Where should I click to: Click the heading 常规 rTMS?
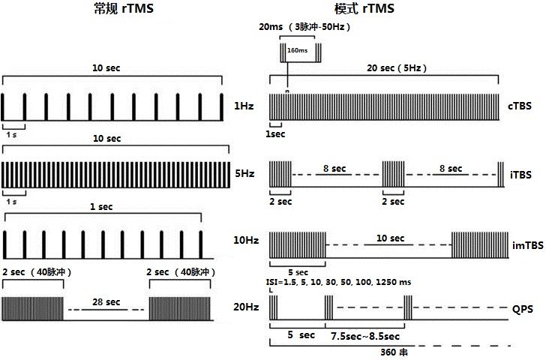point(124,8)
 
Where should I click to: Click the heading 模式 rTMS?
point(364,8)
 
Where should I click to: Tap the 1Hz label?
point(244,106)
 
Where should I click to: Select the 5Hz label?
point(244,173)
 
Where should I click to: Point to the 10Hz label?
point(246,240)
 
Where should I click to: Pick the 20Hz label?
point(246,307)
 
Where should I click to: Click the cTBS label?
point(520,106)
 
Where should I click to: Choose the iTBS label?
point(521,175)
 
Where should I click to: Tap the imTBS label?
point(528,245)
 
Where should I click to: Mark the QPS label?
point(523,309)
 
